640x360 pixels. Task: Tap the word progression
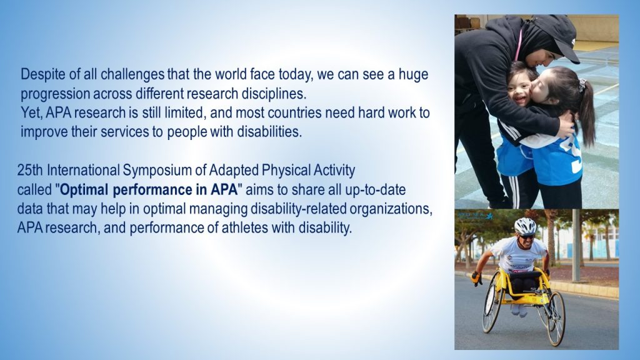click(x=55, y=94)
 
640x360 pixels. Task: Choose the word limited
click(x=184, y=112)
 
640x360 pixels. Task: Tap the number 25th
click(x=30, y=170)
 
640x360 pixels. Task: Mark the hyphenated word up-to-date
click(x=376, y=190)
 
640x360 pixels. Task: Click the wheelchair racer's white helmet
click(x=525, y=226)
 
